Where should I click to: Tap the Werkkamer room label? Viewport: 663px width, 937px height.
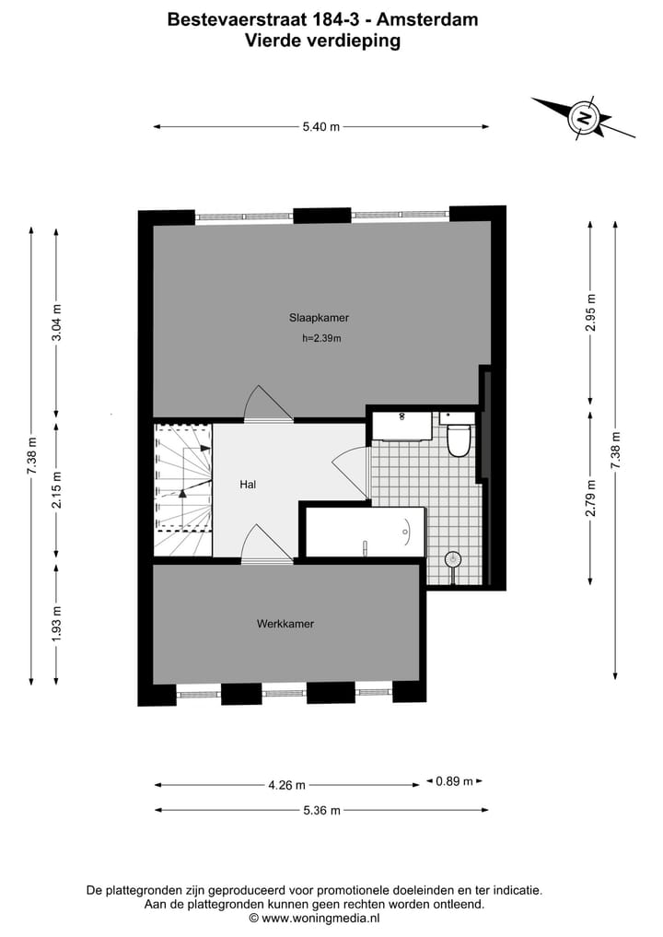coord(285,624)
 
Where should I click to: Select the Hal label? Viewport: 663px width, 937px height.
coord(248,484)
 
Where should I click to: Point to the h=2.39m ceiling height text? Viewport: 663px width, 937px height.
coord(321,338)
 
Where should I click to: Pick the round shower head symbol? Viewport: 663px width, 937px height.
coord(452,558)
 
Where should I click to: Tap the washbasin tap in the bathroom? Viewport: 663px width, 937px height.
coord(402,417)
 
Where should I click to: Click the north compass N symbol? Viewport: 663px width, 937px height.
coord(583,118)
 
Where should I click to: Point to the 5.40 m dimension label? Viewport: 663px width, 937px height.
coord(320,127)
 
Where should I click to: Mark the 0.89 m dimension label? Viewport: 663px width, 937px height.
coord(454,781)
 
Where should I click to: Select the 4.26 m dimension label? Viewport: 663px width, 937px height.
coord(286,786)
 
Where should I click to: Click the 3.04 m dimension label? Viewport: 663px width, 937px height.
coord(56,322)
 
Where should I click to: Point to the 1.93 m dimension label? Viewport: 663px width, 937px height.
coord(56,623)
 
